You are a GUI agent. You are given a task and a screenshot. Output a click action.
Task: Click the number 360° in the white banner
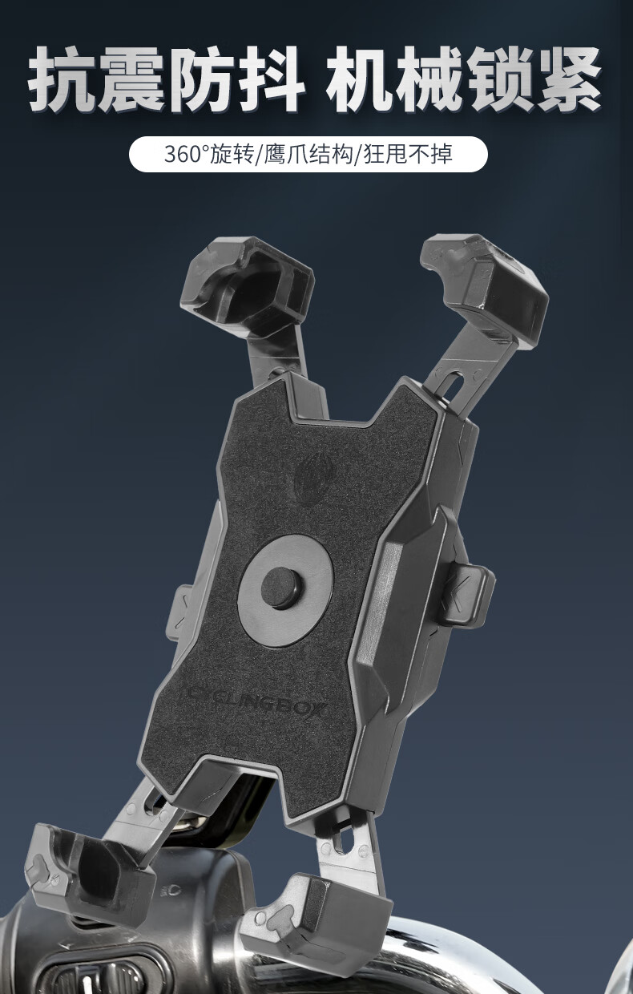click(187, 154)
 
